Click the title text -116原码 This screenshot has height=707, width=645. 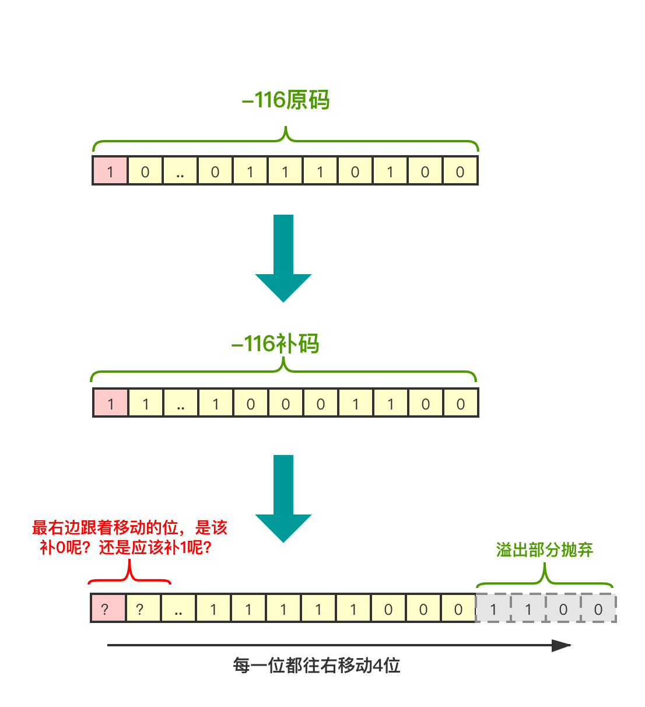coord(286,100)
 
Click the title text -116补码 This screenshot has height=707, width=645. coord(275,344)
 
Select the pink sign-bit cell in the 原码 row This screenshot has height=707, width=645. coord(110,171)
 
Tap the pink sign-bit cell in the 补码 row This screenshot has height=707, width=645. coord(111,403)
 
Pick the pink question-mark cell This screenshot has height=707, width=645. coord(108,608)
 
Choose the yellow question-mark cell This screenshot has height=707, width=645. coord(143,608)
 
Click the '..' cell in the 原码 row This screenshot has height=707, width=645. coord(180,171)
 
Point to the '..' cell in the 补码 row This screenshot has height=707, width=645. coord(181,403)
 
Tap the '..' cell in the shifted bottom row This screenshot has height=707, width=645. coord(178,608)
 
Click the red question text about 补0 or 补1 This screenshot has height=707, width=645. coord(129,538)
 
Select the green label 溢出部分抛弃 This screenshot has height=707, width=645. coord(544,549)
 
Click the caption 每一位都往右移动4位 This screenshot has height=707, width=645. coord(317,666)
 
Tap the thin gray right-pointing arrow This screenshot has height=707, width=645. coord(338,645)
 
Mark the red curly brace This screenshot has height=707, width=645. coord(129,575)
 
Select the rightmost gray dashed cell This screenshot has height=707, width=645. coord(598,608)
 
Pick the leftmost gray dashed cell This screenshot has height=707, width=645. coord(493,608)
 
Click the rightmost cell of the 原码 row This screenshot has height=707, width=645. coord(460,171)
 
